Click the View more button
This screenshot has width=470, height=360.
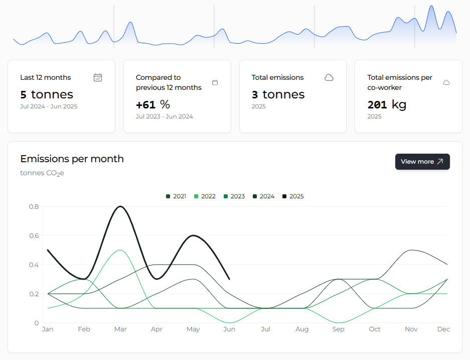tap(422, 162)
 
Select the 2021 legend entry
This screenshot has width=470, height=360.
tap(176, 196)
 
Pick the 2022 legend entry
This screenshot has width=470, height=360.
tap(205, 196)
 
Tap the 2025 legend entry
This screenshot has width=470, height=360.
tap(293, 196)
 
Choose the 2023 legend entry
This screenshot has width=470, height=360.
tap(234, 196)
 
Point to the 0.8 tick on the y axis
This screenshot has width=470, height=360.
tap(34, 206)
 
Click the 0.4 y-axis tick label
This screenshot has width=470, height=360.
tap(34, 265)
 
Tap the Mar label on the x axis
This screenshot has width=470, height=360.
tap(120, 329)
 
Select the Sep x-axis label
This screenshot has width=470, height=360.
tap(338, 329)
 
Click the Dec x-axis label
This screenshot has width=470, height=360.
tap(443, 329)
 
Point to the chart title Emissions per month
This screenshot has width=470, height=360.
tap(72, 159)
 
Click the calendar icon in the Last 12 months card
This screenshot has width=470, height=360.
tap(98, 77)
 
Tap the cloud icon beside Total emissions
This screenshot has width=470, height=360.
tap(329, 77)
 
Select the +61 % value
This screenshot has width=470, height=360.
tap(153, 104)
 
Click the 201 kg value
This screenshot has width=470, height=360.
tap(387, 104)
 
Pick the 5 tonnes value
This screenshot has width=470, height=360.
tap(47, 94)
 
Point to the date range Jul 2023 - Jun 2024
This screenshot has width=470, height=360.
tap(165, 116)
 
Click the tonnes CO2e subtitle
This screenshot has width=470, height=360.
tap(42, 173)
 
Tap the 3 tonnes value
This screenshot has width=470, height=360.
tap(278, 94)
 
